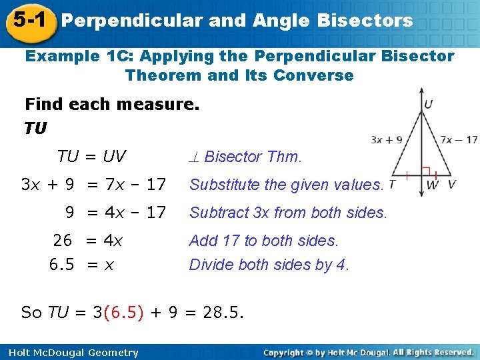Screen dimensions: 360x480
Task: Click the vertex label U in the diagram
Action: [428, 104]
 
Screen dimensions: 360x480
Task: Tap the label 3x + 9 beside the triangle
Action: [387, 139]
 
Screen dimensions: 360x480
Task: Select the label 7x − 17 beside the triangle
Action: [459, 139]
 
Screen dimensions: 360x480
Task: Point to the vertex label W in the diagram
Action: [433, 184]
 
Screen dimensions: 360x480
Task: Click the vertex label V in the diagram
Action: [452, 184]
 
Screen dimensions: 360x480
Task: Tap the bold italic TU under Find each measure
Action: [35, 128]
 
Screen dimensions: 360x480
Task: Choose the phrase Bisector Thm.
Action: [253, 157]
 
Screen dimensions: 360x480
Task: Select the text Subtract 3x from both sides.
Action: [288, 213]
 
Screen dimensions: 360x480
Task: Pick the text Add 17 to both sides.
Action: [264, 240]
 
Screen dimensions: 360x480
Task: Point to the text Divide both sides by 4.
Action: [269, 265]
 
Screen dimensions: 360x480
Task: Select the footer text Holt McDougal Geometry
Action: [69, 353]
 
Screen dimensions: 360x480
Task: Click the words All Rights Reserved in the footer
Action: [433, 352]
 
